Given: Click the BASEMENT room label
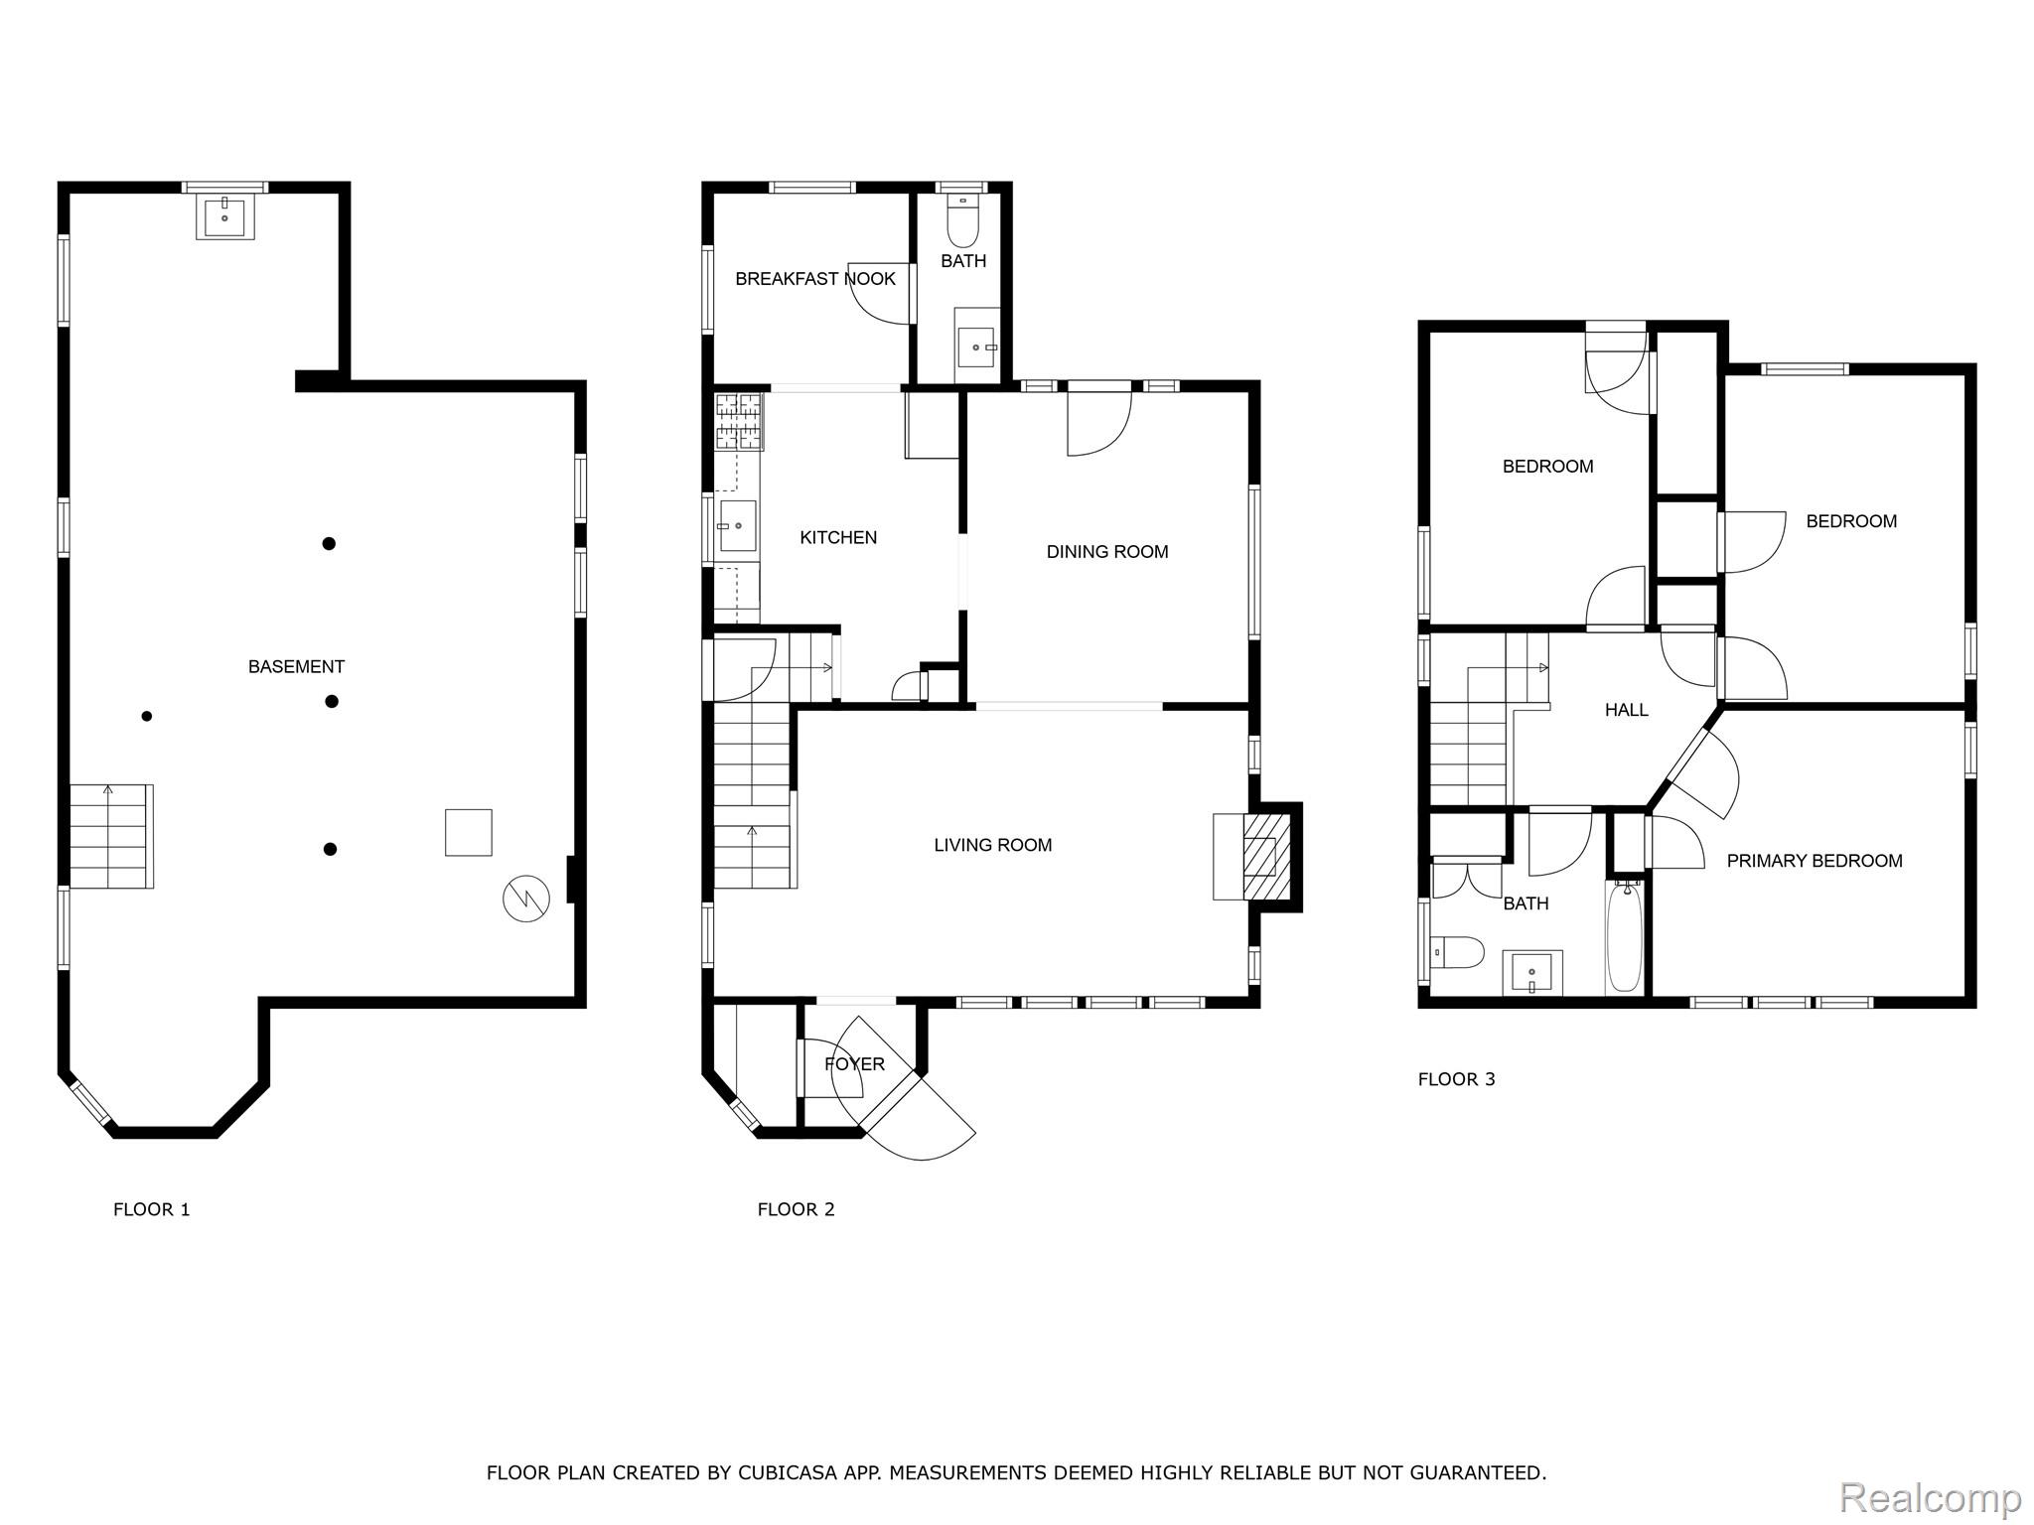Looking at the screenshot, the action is [296, 667].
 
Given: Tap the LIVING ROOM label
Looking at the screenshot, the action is [992, 845].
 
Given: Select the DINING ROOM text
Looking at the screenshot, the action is [1107, 552].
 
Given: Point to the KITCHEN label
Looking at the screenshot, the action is [838, 537].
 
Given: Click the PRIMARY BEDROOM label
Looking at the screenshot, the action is [1815, 861].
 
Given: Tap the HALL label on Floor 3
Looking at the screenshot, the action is [1626, 710].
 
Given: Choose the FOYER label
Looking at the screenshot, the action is [854, 1064].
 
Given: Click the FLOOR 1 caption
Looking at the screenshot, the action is [151, 1209].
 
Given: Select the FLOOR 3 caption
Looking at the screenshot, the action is [1456, 1079].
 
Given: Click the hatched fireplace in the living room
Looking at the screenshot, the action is [1266, 857].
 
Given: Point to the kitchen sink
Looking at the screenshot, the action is [737, 525].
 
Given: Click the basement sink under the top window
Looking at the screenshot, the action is [225, 215].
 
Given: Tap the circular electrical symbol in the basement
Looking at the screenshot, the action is [525, 899].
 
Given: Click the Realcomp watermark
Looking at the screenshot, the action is [1931, 1497].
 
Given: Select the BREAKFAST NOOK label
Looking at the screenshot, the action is [815, 279].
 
